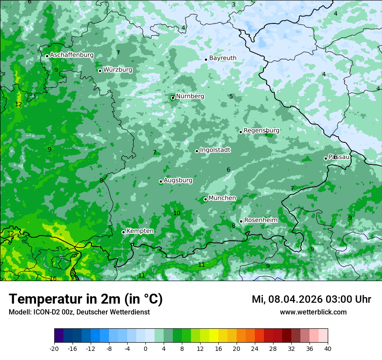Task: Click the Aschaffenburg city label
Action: pyautogui.click(x=72, y=55)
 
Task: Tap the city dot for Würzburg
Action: pyautogui.click(x=100, y=71)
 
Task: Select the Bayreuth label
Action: pyautogui.click(x=223, y=58)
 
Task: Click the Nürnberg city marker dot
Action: pyautogui.click(x=173, y=98)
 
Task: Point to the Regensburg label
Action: pyautogui.click(x=261, y=131)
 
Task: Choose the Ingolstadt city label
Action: pyautogui.click(x=215, y=150)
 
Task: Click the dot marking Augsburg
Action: pyautogui.click(x=161, y=181)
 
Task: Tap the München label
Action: pyautogui.click(x=222, y=198)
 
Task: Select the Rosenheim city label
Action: pyautogui.click(x=260, y=220)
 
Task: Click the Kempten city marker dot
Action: pyautogui.click(x=123, y=232)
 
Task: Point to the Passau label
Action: pyautogui.click(x=339, y=157)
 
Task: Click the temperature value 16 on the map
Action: pyautogui.click(x=53, y=278)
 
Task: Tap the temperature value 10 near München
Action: pyautogui.click(x=177, y=213)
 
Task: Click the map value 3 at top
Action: pyautogui.click(x=234, y=5)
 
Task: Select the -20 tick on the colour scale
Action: pyautogui.click(x=54, y=349)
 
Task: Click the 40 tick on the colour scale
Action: pyautogui.click(x=327, y=349)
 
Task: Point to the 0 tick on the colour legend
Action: pyautogui.click(x=145, y=349)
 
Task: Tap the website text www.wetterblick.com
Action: pyautogui.click(x=313, y=312)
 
